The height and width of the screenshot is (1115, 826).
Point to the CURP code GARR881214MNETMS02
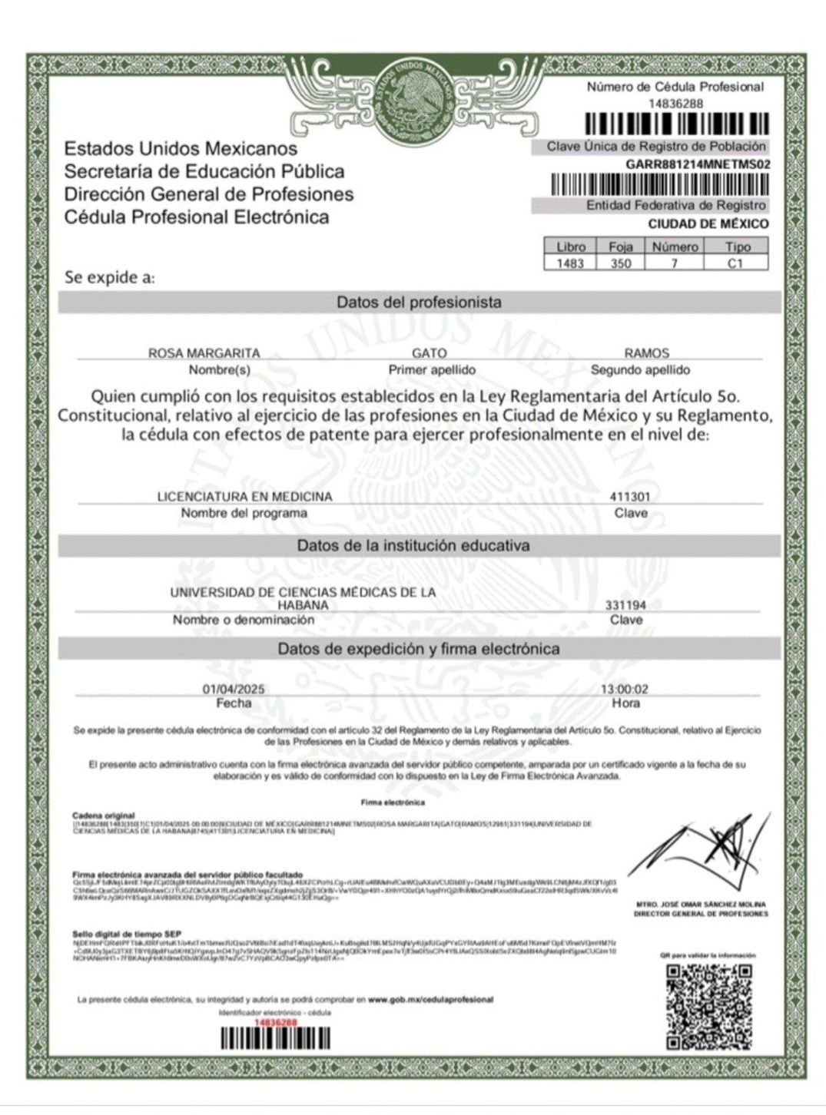coord(697,164)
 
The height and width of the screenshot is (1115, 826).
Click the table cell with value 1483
coord(571,263)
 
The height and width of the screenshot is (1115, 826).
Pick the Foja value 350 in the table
coord(621,263)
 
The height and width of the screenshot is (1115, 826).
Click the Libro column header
coord(571,246)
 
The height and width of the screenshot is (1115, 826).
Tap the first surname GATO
coord(430,353)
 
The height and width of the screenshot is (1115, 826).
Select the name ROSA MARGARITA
coord(204,353)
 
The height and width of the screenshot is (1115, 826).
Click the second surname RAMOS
coord(646,353)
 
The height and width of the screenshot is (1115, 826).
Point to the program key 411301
coord(630,497)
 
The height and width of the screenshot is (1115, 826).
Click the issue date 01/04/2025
coord(234,690)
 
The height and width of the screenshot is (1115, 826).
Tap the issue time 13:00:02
coord(625,690)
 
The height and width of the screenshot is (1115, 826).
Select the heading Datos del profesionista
coord(419,303)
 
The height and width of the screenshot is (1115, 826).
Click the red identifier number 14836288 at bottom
coord(274,1023)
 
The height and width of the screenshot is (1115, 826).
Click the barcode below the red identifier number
coord(275,1039)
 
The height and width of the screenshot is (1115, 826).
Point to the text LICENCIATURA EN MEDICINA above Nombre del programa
coord(244,497)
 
